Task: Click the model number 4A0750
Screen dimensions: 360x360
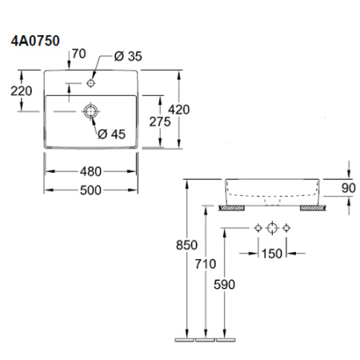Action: tap(35, 41)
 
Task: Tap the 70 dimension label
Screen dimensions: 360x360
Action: tap(79, 54)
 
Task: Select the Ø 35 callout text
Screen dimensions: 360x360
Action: tap(128, 56)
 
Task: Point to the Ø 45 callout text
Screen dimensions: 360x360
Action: tap(111, 134)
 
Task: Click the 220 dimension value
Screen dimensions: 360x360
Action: tap(22, 91)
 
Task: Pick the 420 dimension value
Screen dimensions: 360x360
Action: tap(179, 110)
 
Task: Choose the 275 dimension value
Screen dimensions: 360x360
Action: tap(160, 122)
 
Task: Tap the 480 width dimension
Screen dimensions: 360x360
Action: tap(90, 172)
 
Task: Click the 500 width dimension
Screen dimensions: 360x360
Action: tap(90, 190)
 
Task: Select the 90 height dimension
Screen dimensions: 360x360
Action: tap(349, 188)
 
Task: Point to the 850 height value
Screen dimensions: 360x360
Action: tap(186, 245)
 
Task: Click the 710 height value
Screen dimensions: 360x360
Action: tap(206, 264)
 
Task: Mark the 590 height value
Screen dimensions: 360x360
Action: tap(224, 285)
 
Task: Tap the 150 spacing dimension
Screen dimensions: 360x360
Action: tap(272, 254)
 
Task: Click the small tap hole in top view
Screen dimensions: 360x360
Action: tap(91, 83)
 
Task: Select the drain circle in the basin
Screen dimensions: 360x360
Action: tap(91, 111)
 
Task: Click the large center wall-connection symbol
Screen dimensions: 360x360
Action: tap(272, 228)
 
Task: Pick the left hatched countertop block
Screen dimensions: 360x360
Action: tap(232, 208)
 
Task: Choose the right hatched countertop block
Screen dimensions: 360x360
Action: tap(313, 208)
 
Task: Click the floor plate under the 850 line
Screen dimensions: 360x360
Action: tap(185, 340)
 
